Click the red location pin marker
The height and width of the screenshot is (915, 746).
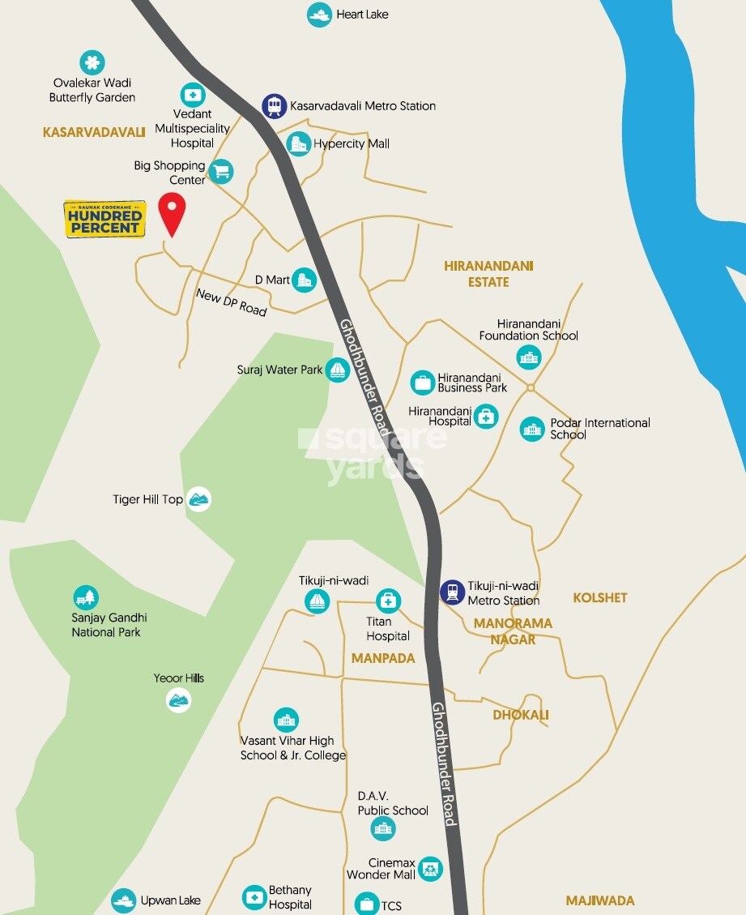tap(172, 212)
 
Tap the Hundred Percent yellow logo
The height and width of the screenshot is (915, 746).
tap(104, 218)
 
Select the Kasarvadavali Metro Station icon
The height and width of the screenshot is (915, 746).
tap(274, 106)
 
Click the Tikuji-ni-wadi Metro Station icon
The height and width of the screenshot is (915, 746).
tap(452, 592)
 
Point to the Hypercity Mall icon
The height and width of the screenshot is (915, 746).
tap(300, 144)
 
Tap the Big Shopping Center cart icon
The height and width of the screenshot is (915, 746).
tap(221, 171)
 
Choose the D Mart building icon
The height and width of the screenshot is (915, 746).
tap(305, 280)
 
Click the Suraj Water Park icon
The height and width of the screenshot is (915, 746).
tap(337, 370)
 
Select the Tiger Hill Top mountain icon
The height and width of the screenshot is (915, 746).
tap(198, 499)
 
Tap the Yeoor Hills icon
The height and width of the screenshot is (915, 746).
tap(179, 699)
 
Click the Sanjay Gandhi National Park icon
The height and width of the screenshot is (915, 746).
tap(86, 598)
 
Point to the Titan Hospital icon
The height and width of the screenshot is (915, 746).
tap(388, 601)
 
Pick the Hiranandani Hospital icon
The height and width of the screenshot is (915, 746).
tap(486, 417)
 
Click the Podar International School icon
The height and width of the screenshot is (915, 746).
tap(532, 429)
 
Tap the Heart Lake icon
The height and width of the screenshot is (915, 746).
tap(319, 15)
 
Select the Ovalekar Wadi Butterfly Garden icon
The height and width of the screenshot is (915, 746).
tap(92, 62)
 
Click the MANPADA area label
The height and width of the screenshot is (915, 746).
tap(383, 658)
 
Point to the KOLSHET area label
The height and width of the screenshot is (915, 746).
tap(600, 598)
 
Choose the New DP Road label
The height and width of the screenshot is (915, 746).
tap(231, 301)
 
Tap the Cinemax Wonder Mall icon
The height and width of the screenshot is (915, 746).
tap(430, 869)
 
